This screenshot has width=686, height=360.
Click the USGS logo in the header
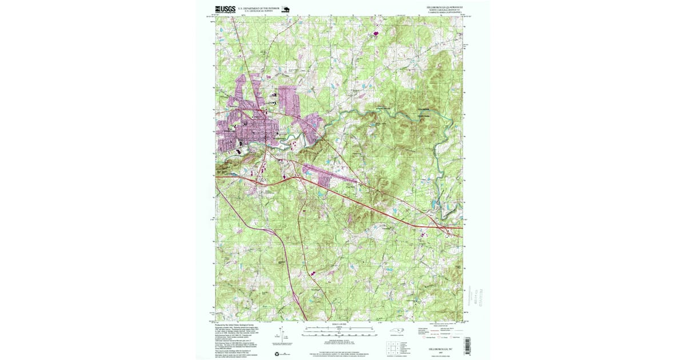pos(225,9)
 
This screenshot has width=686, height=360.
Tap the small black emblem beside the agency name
pos(286,9)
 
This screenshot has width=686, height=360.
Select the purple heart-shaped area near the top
pos(376,33)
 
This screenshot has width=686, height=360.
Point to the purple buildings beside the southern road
pos(313,274)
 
